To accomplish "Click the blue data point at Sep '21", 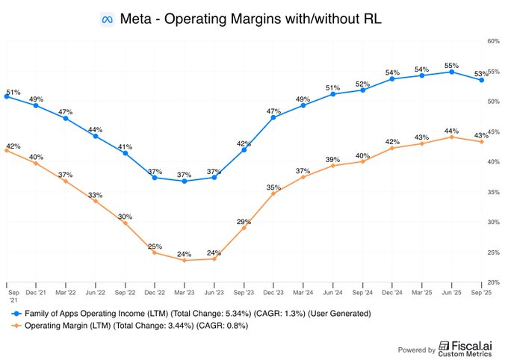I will coord(6,96).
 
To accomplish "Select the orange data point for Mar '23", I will coord(185,260).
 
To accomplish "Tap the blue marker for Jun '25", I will coord(452,72).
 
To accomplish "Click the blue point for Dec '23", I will coord(273,117).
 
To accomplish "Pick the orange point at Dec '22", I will coord(155,252).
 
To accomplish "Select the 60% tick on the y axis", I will coord(492,41).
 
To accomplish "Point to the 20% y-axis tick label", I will coord(492,282).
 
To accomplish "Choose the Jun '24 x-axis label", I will coord(333,293).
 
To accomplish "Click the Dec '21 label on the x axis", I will coord(36,293).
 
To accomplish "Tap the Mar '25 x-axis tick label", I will coord(422,293).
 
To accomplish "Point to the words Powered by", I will coord(415,350).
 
